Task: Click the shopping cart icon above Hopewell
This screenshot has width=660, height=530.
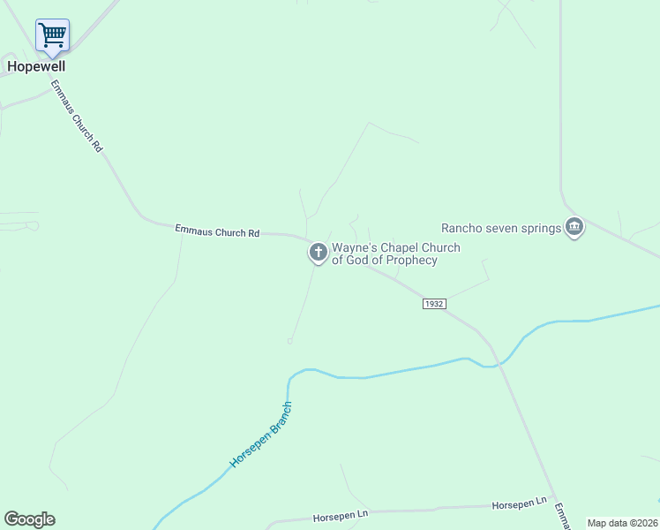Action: click(52, 36)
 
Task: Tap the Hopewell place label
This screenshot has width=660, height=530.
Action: click(36, 66)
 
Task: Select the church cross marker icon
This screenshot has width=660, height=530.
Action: click(318, 254)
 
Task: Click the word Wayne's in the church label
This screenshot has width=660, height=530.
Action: click(350, 248)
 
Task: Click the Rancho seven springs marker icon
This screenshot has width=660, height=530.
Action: click(575, 228)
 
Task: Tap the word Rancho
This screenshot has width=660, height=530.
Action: click(463, 229)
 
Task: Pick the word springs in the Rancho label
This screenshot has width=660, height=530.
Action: click(540, 229)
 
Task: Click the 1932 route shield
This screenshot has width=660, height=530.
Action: click(433, 304)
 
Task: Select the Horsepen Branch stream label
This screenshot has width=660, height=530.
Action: click(261, 435)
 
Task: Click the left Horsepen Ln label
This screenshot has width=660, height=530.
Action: click(341, 515)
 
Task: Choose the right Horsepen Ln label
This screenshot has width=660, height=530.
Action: click(519, 503)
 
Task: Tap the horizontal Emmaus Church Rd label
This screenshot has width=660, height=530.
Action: click(217, 231)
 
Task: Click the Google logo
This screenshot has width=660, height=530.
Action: click(29, 519)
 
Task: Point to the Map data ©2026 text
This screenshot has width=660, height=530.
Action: click(622, 523)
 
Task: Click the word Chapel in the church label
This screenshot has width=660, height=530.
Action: click(394, 248)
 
